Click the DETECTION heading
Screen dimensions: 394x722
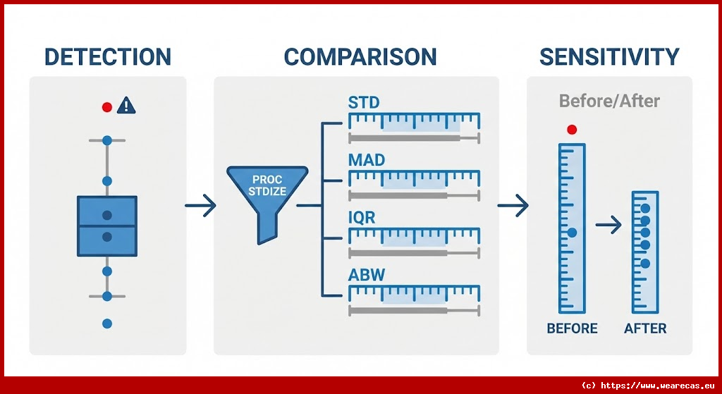point(107,57)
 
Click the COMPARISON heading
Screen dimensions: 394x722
point(360,57)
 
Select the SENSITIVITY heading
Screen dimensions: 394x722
point(609,57)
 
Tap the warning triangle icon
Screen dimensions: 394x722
point(126,106)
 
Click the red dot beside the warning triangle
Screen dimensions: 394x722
point(107,107)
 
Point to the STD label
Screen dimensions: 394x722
point(364,102)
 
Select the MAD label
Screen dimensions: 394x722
point(367,160)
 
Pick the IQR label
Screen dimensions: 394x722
point(362,218)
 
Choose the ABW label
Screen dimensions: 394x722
point(367,275)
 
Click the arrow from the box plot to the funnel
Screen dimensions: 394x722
point(200,206)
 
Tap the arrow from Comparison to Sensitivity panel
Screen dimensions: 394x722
point(513,206)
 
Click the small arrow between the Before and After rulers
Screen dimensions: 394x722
point(608,226)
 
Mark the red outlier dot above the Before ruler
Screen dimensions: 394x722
point(572,130)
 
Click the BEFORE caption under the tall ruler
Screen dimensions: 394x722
point(572,328)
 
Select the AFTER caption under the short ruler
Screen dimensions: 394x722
point(645,328)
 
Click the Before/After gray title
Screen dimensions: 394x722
point(609,101)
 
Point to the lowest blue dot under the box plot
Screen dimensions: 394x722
point(107,324)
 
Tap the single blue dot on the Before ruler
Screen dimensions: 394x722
point(572,232)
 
